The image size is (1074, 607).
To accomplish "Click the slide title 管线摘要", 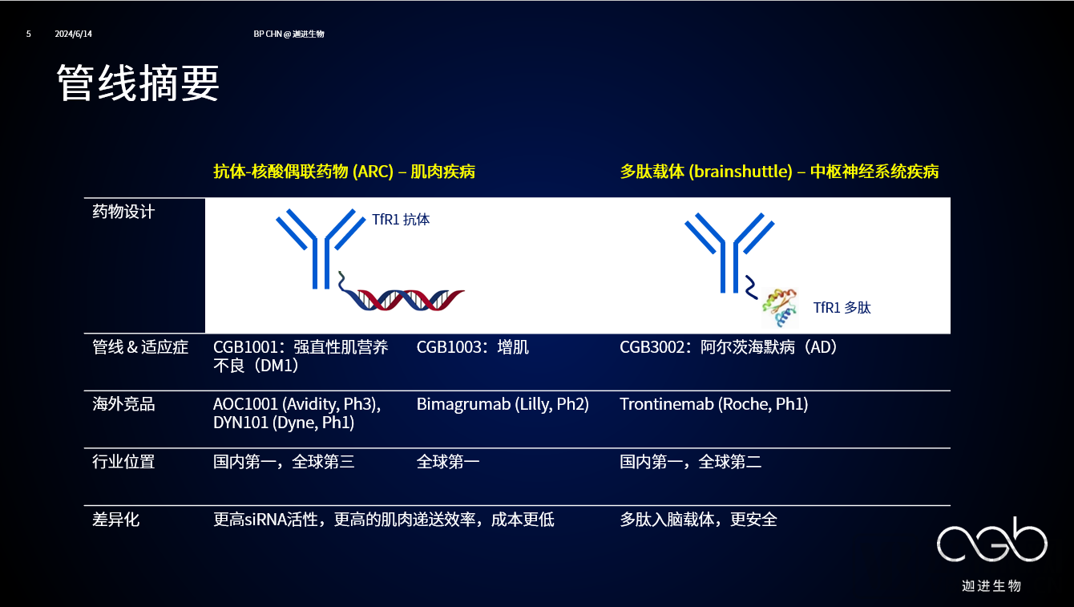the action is [x=138, y=83].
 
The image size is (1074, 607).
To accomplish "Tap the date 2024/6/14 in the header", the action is [x=74, y=34].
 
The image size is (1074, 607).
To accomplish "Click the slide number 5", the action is [x=29, y=34].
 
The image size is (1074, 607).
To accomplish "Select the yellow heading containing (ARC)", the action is [x=345, y=172].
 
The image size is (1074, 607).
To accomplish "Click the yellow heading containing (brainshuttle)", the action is [x=779, y=172].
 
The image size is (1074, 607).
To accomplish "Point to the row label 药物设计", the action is [x=123, y=212].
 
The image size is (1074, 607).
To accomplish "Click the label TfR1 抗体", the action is [x=401, y=219].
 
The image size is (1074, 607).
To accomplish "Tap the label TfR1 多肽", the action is [x=842, y=308].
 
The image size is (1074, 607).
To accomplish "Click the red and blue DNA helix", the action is [x=402, y=296].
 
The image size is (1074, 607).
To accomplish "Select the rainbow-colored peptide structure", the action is [x=780, y=307].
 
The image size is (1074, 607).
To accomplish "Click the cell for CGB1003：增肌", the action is [x=472, y=347].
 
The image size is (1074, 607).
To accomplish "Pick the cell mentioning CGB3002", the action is [x=729, y=347].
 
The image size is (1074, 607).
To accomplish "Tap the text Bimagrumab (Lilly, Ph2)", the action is [x=503, y=404].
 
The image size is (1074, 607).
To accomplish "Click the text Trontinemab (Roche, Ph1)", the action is [x=714, y=404].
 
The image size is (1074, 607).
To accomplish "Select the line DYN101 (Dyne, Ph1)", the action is [x=284, y=423].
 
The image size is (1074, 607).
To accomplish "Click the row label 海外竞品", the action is [x=123, y=404].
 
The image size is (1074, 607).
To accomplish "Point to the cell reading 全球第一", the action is [x=448, y=462].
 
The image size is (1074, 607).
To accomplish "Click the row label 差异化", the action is [x=115, y=519].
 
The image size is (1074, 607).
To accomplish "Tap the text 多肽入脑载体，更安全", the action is [x=698, y=519].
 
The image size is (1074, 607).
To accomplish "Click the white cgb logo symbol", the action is [x=992, y=540].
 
